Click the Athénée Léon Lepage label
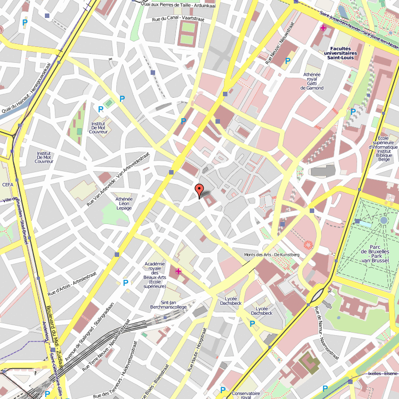124,203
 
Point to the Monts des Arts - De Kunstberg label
272,255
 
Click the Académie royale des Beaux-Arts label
155,275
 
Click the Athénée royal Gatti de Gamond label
312,81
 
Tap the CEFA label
7,185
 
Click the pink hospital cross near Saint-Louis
323,28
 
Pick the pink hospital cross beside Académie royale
178,271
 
